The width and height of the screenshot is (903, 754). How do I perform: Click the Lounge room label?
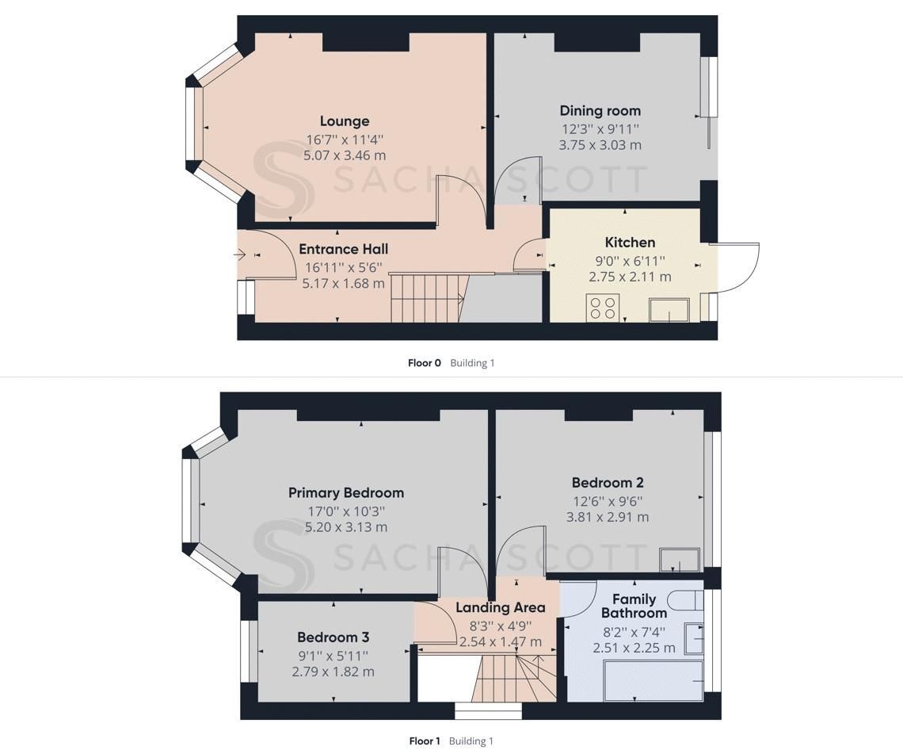coord(345,121)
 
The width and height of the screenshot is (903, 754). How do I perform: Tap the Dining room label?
coord(600,111)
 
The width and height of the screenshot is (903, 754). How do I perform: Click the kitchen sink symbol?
coord(669,310)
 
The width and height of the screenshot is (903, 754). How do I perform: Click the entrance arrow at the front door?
coord(241,255)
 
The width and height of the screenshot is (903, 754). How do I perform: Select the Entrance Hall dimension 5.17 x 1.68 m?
coord(343,283)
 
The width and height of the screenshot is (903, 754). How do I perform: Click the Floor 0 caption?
coord(424,363)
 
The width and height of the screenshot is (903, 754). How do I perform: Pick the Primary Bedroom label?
coord(345,493)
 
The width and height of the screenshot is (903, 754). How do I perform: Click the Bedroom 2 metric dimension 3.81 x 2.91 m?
coord(607,517)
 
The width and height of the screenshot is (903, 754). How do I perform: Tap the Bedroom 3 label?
coord(333,637)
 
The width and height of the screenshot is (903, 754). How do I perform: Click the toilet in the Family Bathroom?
coord(684,599)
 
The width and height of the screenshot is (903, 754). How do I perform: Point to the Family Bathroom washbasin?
coord(693,638)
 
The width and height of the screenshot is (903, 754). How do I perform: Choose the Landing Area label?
coord(500,608)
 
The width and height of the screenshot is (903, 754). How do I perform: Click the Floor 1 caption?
coord(424,741)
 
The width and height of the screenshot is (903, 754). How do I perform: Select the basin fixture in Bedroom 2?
coord(680,560)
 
